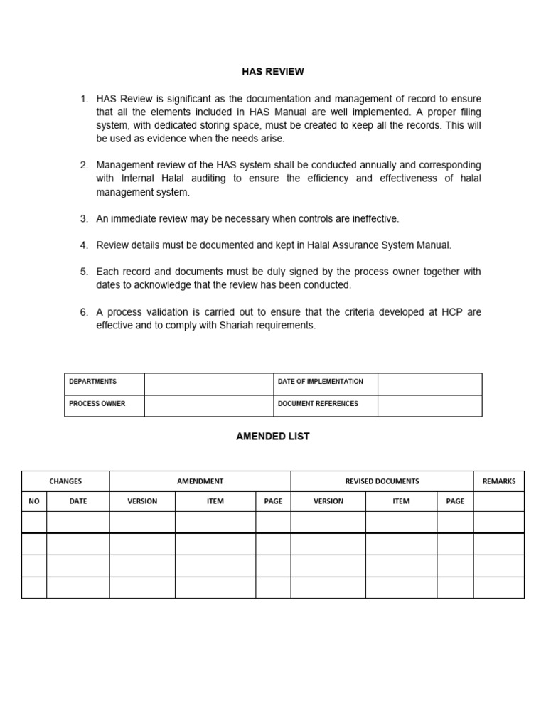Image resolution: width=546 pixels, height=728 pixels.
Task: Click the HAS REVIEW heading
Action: pyautogui.click(x=273, y=72)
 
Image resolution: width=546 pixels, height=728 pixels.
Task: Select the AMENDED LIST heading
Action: pyautogui.click(x=273, y=437)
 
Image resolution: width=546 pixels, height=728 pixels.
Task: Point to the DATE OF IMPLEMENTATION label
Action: pyautogui.click(x=320, y=382)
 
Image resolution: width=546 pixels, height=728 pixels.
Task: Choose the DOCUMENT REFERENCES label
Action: pyautogui.click(x=318, y=404)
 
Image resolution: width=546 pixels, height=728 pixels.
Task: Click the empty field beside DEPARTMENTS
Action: pyautogui.click(x=209, y=384)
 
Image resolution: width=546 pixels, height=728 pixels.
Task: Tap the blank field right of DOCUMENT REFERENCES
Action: pyautogui.click(x=429, y=405)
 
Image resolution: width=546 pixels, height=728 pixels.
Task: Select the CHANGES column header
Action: pyautogui.click(x=65, y=481)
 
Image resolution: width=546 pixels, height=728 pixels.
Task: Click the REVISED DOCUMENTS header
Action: pyautogui.click(x=382, y=481)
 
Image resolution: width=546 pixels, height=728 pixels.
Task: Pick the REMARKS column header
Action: pyautogui.click(x=498, y=481)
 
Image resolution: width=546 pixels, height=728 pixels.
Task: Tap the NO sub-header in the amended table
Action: pyautogui.click(x=34, y=501)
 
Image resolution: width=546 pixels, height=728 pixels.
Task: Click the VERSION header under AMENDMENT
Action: pyautogui.click(x=142, y=501)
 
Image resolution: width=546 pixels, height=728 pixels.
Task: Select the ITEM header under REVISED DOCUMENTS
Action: pyautogui.click(x=401, y=501)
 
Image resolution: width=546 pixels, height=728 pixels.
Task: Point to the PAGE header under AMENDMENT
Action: pyautogui.click(x=273, y=501)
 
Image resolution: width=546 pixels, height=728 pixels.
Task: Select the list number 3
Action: pyautogui.click(x=83, y=219)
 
